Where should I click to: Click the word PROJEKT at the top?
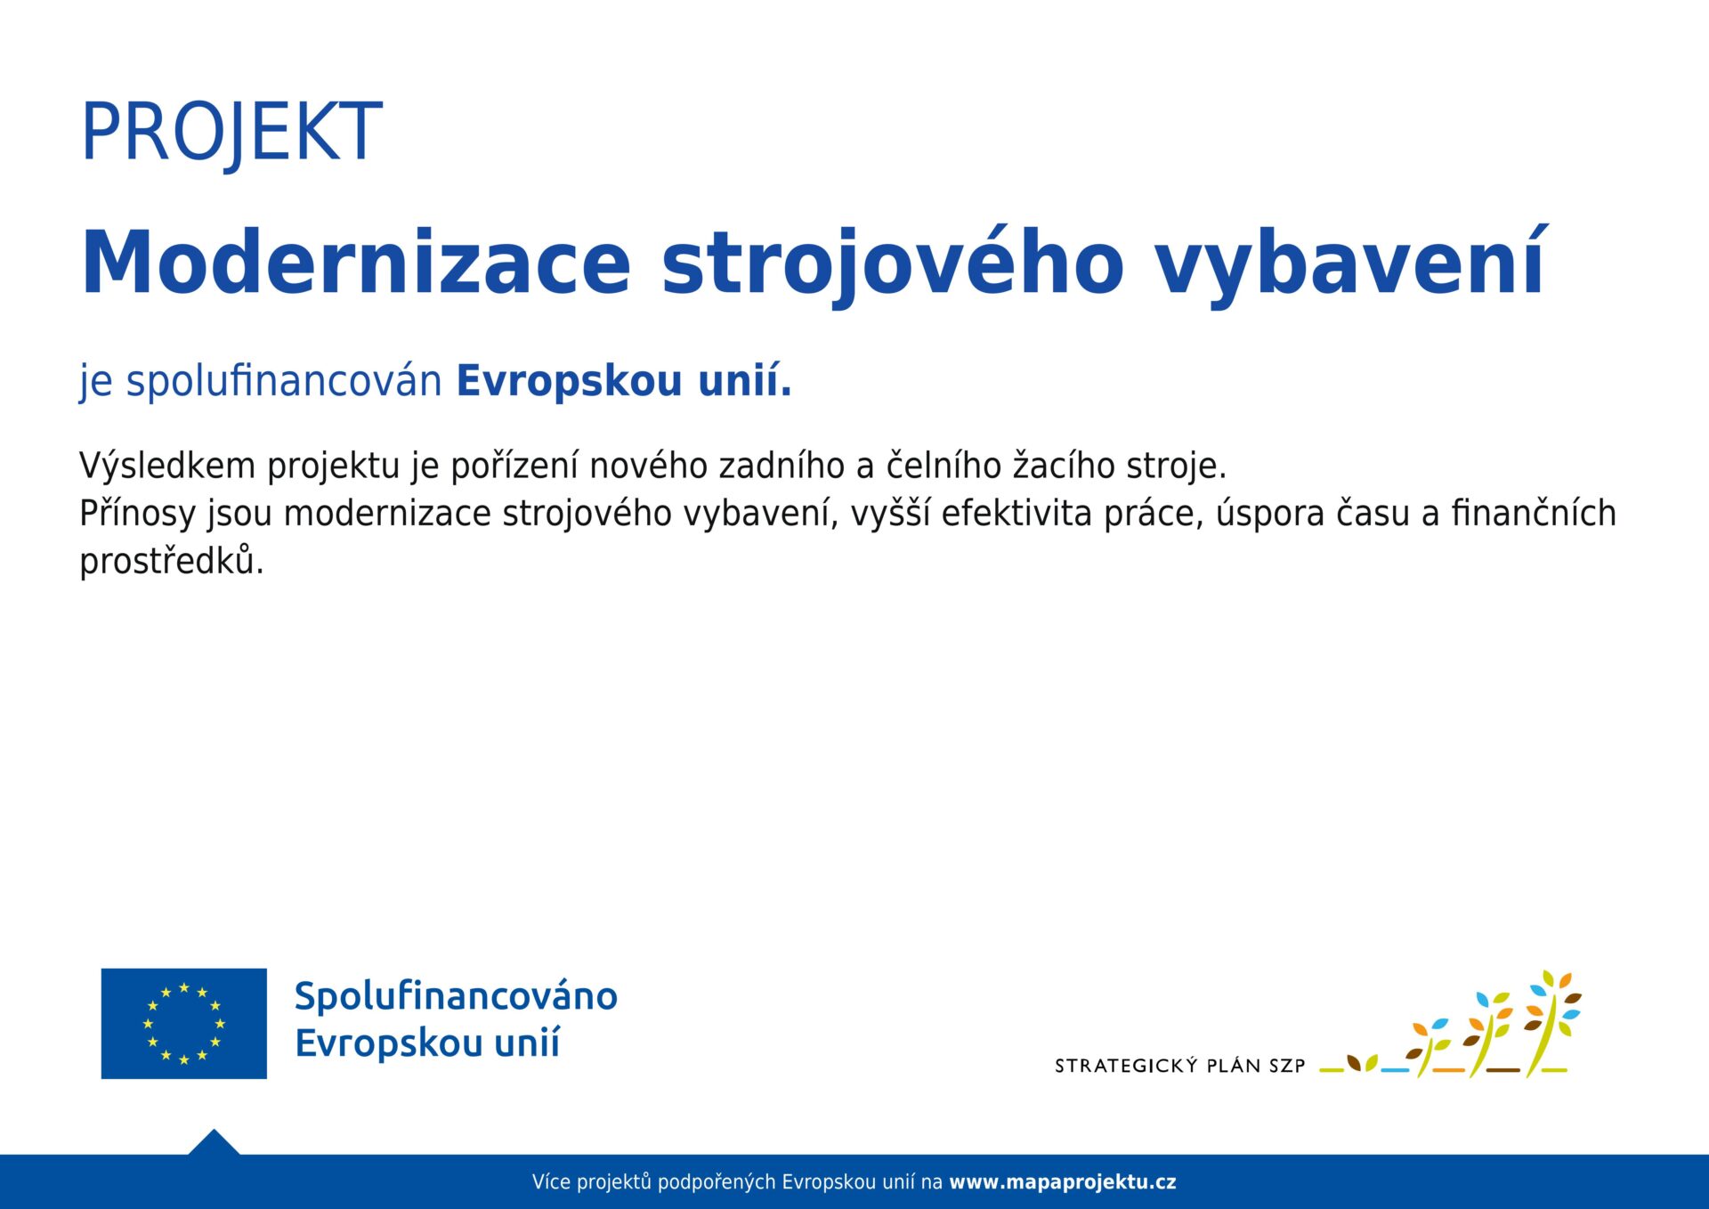(x=231, y=132)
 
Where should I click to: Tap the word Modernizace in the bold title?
(x=356, y=263)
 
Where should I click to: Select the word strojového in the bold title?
(x=893, y=264)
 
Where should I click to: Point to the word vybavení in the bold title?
(x=1350, y=264)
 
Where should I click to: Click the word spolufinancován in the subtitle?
(x=284, y=381)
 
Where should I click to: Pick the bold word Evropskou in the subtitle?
(x=570, y=381)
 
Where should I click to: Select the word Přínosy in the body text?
(x=137, y=514)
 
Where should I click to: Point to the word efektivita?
(x=1016, y=514)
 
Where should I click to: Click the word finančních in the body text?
(x=1533, y=514)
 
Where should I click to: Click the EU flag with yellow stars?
(x=184, y=1024)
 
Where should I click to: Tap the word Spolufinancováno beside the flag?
(x=456, y=996)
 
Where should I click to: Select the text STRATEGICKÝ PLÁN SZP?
(x=1179, y=1066)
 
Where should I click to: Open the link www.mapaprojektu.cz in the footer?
(x=1062, y=1182)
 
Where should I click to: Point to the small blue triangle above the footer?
(x=214, y=1143)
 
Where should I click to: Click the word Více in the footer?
(x=551, y=1182)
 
